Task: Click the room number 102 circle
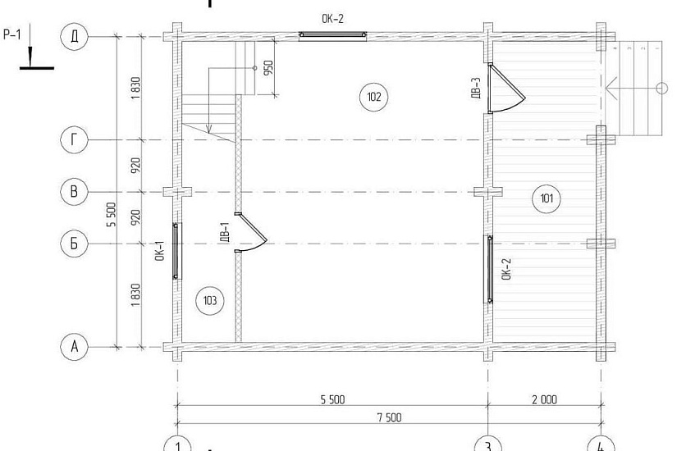tap(373, 97)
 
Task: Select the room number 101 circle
tap(547, 198)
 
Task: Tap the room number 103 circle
tap(209, 300)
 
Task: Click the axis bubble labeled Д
tap(74, 37)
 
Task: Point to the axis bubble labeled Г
tap(74, 140)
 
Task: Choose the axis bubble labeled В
tap(74, 191)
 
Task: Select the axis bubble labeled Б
tap(74, 244)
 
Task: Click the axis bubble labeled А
tap(74, 346)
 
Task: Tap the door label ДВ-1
tap(225, 233)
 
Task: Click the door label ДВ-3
tap(475, 89)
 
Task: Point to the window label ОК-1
tap(160, 251)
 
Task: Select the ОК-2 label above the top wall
tap(332, 19)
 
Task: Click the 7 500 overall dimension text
tap(389, 417)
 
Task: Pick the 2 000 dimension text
tap(544, 399)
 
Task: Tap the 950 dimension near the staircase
tap(268, 68)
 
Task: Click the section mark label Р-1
tap(12, 34)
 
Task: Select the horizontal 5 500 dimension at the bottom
tap(332, 399)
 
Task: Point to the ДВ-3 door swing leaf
tap(508, 81)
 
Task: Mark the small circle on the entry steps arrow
tap(661, 88)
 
